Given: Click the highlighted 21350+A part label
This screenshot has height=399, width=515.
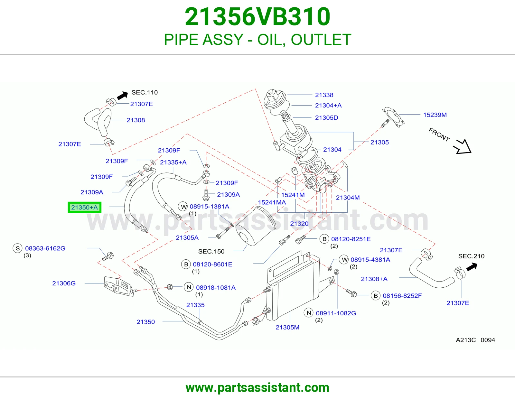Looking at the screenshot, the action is click(x=84, y=207).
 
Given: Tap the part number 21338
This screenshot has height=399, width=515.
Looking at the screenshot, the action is click(x=324, y=95).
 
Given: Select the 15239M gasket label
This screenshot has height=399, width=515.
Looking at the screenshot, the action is click(x=435, y=115).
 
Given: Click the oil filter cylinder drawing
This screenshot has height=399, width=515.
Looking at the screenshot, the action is click(x=256, y=226).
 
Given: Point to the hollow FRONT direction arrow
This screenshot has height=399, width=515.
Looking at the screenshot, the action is click(x=463, y=147).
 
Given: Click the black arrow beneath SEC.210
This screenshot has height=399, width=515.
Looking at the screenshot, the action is click(x=472, y=267).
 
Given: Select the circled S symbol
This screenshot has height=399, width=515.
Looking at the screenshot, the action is click(x=17, y=248).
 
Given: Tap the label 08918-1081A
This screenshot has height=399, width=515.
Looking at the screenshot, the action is click(x=216, y=288).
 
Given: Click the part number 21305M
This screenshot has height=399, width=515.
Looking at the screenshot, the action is click(x=287, y=328).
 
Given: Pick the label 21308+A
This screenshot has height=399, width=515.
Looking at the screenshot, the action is click(x=374, y=279).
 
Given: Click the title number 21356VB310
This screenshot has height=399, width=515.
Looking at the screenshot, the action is click(x=257, y=17).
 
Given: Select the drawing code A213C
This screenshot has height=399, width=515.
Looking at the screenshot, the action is click(x=466, y=340).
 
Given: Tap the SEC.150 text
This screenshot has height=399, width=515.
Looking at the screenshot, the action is click(x=211, y=251).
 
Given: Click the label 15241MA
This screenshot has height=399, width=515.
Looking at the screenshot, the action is click(x=272, y=203).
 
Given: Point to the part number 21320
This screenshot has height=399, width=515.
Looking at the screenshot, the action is click(x=299, y=224).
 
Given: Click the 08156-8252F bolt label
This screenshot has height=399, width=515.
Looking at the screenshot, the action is click(x=402, y=296).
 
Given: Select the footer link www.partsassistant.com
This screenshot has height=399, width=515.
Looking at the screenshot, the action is click(x=257, y=388).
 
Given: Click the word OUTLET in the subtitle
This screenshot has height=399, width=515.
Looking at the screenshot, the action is click(x=321, y=40).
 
